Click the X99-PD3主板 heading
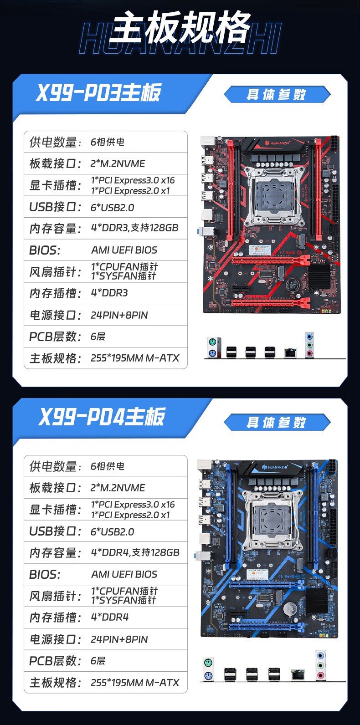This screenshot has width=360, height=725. pos(98,92)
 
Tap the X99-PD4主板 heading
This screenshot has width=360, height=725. pos(102,417)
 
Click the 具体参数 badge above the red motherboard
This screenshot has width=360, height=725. pos(277,95)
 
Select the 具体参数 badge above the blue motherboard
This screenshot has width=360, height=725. pos(277,422)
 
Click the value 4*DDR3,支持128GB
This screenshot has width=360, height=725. pos(135,228)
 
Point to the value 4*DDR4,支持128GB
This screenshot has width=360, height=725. pos(135,552)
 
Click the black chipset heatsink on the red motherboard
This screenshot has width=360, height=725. pos(319,275)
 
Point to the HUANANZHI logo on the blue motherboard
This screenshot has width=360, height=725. pos(275,467)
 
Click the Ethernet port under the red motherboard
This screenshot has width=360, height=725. pos(290,353)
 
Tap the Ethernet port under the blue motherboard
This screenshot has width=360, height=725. pos(298,675)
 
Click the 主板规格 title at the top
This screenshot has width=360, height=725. pos(180,27)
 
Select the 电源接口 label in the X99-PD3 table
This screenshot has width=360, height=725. pos(55,315)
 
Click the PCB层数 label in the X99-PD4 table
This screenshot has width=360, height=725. pos(55,661)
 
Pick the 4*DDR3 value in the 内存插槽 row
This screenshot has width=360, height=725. pos(109,293)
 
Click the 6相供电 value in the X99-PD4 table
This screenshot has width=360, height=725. pos(108,466)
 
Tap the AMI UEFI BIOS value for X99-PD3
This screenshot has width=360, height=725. pos(124,250)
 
